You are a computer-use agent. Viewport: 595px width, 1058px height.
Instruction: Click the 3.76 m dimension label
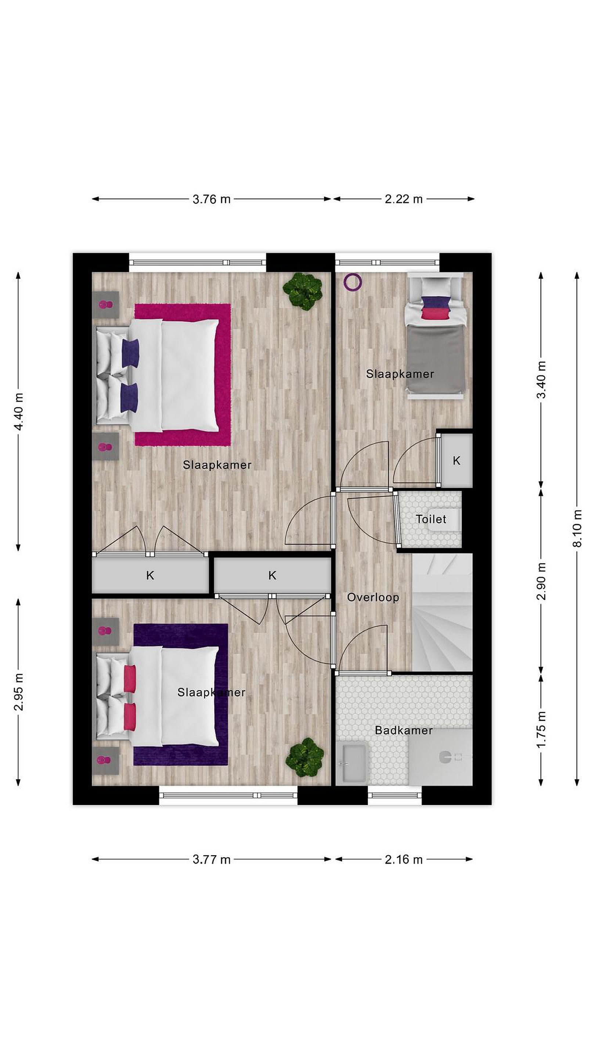[x=212, y=199]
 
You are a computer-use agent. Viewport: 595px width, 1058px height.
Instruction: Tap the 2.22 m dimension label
[x=404, y=199]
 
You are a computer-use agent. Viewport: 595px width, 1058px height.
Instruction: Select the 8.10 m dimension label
[x=577, y=528]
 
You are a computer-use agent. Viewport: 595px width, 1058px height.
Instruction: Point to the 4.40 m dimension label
[x=18, y=411]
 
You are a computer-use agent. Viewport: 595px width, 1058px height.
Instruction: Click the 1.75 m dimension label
[x=541, y=730]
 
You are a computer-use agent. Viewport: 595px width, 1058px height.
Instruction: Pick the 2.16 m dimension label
[x=404, y=860]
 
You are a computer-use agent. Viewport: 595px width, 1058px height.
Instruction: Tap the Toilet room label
[x=431, y=519]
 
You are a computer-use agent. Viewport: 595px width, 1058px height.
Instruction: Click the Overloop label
[x=373, y=597]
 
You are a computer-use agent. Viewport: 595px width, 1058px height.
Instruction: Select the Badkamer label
[x=404, y=730]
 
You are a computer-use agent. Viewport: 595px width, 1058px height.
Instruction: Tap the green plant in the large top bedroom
[x=302, y=291]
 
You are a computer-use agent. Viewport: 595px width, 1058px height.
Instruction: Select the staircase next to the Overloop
[x=442, y=612]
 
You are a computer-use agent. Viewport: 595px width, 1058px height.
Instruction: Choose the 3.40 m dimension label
[x=541, y=380]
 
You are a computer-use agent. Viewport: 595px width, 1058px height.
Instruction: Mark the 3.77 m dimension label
[x=212, y=860]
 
